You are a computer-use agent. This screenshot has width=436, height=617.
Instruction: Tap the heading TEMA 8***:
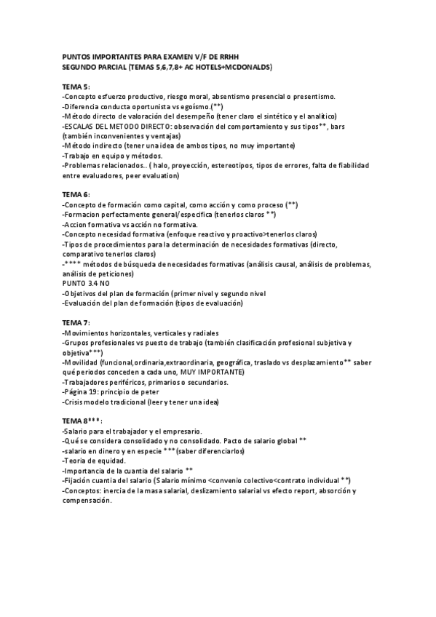[82, 421]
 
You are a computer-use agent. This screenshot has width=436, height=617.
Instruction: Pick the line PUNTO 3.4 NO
[87, 282]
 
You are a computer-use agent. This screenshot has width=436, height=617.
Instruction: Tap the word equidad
[110, 461]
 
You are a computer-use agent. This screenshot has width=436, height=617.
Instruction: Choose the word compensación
[87, 501]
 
